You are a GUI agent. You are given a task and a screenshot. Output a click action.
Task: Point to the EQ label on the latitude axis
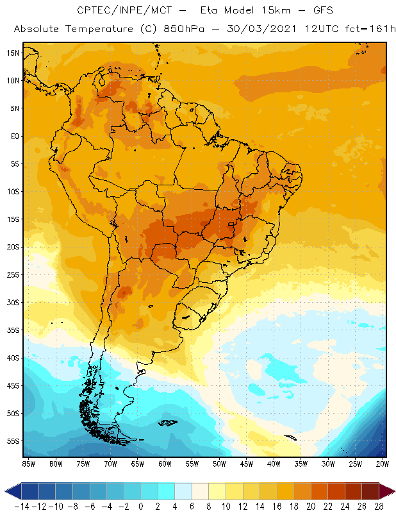click(13, 136)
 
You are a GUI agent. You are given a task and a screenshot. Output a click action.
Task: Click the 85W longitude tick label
click(28, 463)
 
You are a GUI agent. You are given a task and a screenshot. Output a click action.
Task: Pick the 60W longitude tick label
click(165, 463)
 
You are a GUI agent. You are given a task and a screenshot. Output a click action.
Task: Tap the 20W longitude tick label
click(383, 463)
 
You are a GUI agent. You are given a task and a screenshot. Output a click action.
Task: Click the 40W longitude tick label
click(274, 463)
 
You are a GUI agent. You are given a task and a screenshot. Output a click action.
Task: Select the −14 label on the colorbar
click(22, 507)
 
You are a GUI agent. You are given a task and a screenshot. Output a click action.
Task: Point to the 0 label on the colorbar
click(141, 507)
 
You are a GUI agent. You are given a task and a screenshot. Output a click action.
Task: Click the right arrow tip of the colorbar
click(392, 492)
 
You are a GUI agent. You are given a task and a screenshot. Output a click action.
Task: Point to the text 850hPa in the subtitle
click(178, 29)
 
